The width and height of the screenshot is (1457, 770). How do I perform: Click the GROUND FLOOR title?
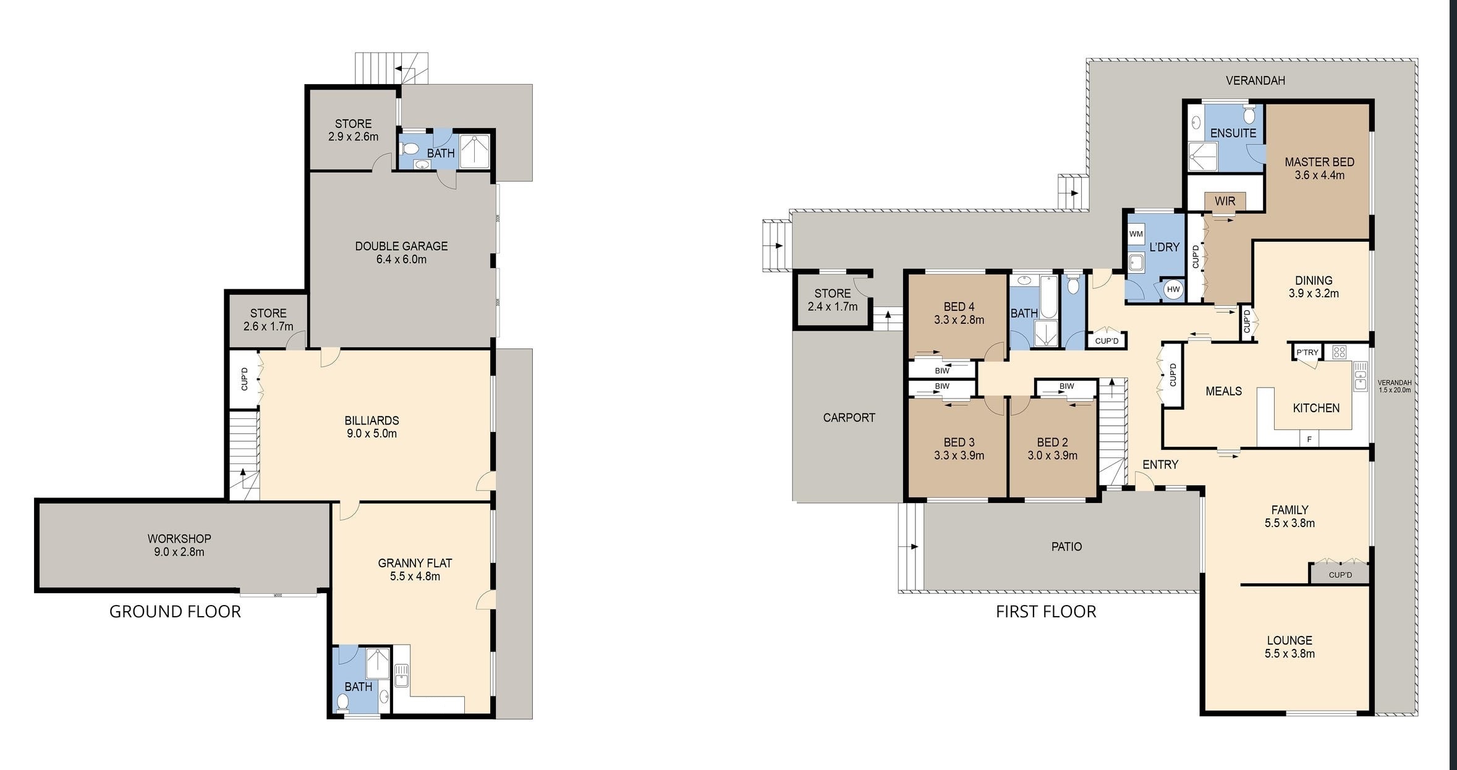click(175, 611)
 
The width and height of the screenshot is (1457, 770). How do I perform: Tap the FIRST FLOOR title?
click(1046, 611)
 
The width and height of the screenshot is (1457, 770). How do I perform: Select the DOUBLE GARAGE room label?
click(401, 246)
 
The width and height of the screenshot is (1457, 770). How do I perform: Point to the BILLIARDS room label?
click(372, 420)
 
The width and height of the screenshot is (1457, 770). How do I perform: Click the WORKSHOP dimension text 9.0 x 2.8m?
click(179, 552)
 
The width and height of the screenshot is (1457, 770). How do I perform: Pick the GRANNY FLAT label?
click(415, 563)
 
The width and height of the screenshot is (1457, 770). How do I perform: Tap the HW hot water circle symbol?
click(1173, 289)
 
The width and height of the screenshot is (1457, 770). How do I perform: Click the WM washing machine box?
click(1136, 234)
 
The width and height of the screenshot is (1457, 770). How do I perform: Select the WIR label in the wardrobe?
click(1225, 201)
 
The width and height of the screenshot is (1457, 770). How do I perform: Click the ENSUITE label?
click(1233, 133)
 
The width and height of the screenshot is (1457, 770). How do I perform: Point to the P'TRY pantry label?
click(1307, 352)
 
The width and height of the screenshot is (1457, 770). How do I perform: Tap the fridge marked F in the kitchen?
click(1309, 439)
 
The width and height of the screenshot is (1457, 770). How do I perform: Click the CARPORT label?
click(849, 418)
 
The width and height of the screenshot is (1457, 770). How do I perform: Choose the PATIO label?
click(1066, 546)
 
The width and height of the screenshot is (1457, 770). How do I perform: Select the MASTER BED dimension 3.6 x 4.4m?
click(1319, 176)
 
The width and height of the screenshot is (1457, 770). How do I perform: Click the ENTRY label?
click(1160, 465)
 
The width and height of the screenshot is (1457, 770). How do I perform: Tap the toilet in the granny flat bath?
click(343, 701)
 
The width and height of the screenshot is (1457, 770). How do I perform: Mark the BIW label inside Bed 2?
click(1066, 386)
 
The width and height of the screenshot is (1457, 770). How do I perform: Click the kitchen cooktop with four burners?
click(1339, 352)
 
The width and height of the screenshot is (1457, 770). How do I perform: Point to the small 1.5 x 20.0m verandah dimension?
click(1395, 390)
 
